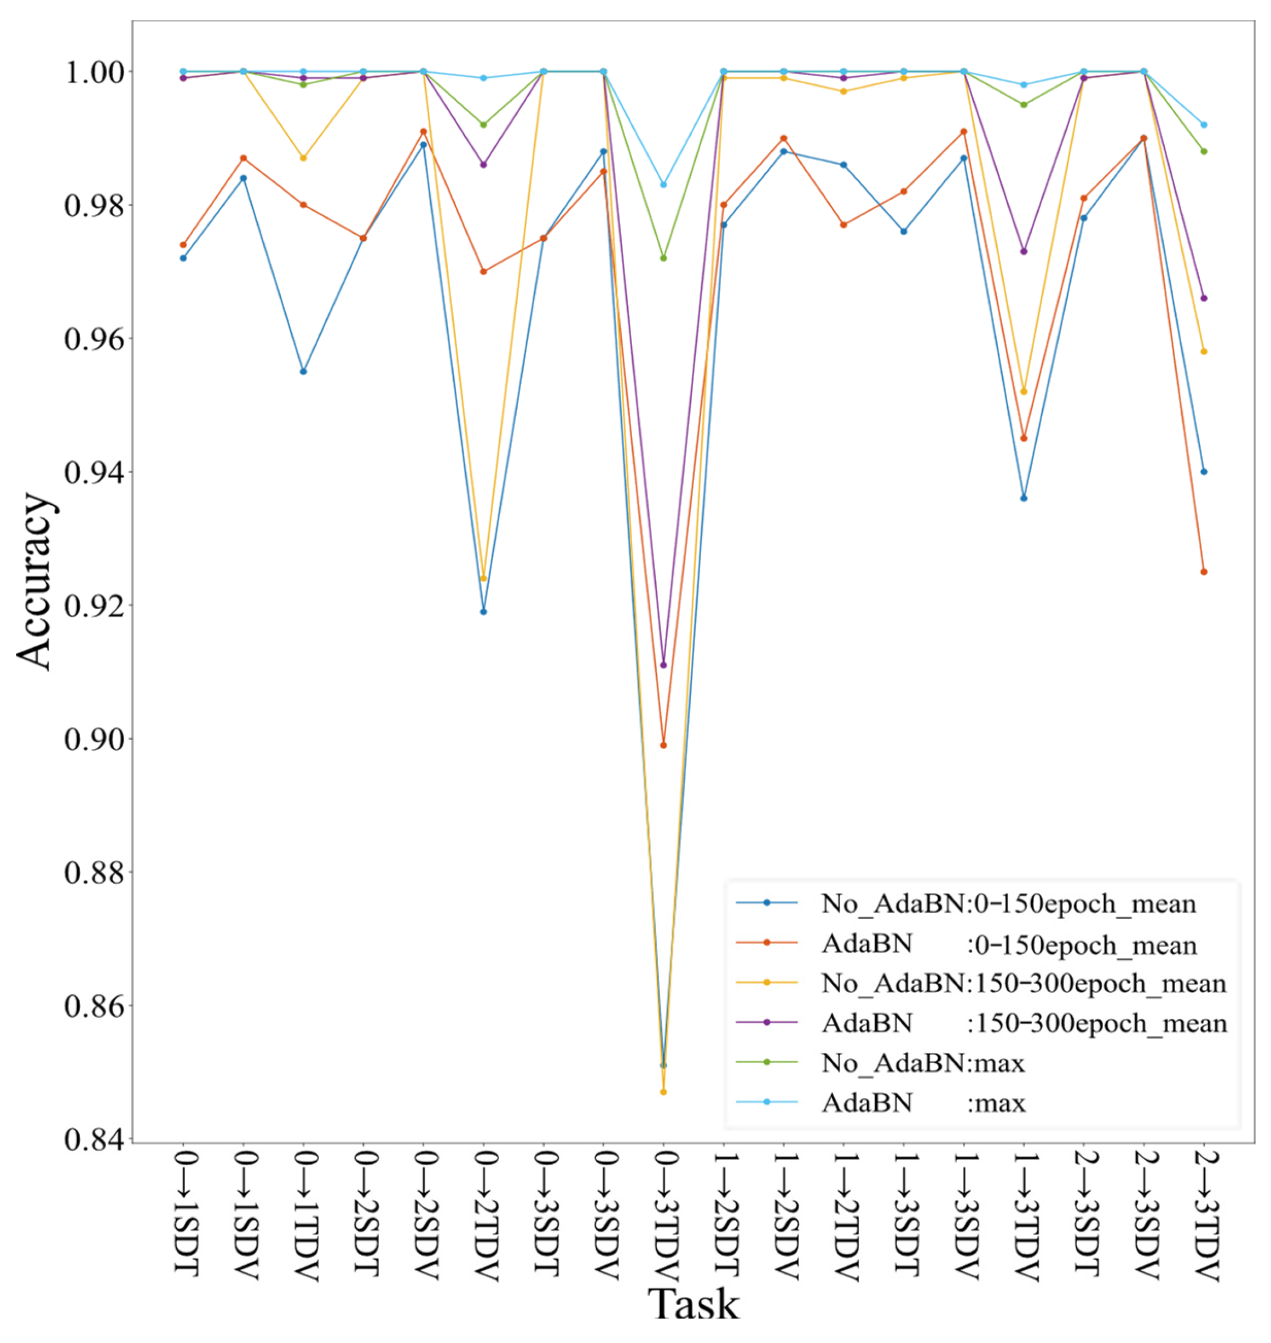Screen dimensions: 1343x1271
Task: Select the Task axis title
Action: [692, 1304]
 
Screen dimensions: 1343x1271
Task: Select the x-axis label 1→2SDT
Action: [724, 1209]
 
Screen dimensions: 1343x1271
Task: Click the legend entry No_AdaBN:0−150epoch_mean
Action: [1008, 903]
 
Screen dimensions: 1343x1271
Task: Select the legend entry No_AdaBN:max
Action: [923, 1063]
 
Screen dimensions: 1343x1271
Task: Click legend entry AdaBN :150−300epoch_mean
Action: [1023, 1023]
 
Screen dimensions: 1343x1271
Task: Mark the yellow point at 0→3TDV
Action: [663, 1092]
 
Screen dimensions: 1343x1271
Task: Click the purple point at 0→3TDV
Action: [663, 665]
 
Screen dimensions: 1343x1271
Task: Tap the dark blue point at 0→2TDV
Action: [483, 611]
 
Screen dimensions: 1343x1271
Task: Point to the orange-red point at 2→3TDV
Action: [1204, 571]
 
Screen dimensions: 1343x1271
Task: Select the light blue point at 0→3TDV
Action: [663, 185]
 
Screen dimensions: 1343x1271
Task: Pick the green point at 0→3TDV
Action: [663, 258]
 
